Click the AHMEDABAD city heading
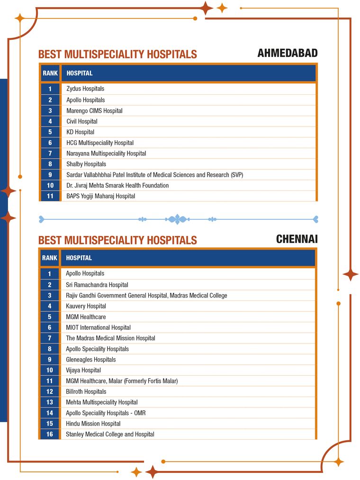[x=287, y=53]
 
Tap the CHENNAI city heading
[x=297, y=239]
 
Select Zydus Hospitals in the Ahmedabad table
[x=85, y=89]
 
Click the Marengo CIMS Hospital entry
[x=94, y=110]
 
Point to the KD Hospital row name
[x=80, y=132]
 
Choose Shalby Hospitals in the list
[x=86, y=164]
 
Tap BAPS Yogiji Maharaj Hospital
[x=100, y=196]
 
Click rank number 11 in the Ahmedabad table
[x=50, y=196]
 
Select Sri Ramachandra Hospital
[x=97, y=285]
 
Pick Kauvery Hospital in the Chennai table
[x=86, y=306]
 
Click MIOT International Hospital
[x=98, y=327]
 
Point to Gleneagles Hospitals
[x=90, y=359]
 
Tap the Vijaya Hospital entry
[x=83, y=370]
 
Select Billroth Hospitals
[x=86, y=391]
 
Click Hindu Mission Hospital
[x=93, y=424]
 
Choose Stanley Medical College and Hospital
[x=110, y=434]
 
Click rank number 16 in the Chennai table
[x=50, y=434]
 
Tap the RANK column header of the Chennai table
[x=50, y=258]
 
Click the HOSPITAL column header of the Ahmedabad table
[x=80, y=73]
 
